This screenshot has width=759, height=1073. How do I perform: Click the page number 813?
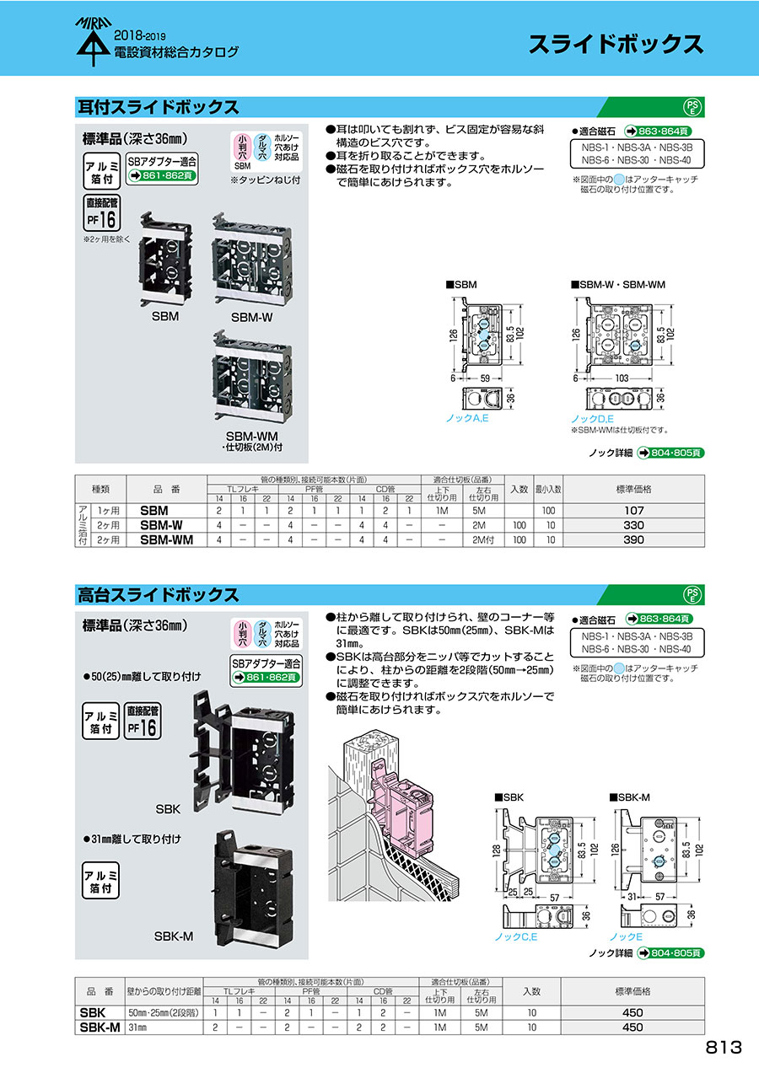click(724, 1047)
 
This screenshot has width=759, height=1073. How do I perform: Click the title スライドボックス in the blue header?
click(616, 45)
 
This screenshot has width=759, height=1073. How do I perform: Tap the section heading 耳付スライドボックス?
click(158, 107)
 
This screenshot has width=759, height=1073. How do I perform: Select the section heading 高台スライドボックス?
click(158, 594)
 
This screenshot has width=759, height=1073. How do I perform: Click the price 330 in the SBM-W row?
click(632, 525)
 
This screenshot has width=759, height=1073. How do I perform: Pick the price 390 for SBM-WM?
click(632, 539)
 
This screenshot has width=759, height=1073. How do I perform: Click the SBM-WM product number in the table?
click(166, 539)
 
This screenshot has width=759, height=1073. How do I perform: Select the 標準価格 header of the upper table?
click(632, 488)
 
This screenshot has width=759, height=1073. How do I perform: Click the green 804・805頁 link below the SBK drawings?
click(670, 953)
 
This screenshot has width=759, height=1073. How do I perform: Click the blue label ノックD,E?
click(592, 418)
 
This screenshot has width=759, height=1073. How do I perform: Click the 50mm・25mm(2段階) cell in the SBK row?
click(164, 1011)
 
